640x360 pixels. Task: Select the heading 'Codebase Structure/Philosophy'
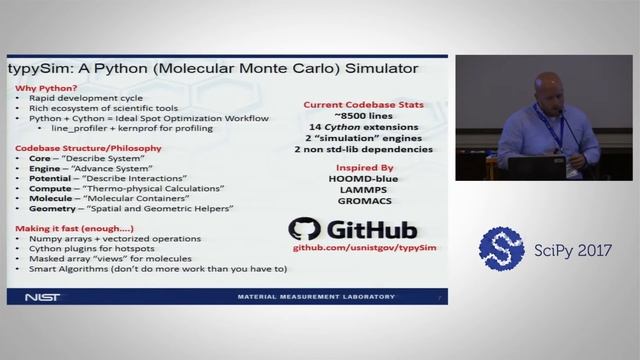point(78,146)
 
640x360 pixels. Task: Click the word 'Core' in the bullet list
point(40,159)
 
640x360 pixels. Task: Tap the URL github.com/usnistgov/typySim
point(365,246)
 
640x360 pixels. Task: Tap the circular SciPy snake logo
point(501,250)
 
